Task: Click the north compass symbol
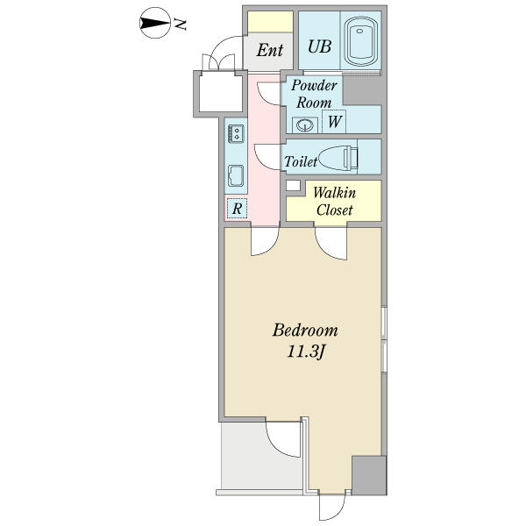click(155, 23)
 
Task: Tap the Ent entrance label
click(270, 51)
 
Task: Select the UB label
click(320, 46)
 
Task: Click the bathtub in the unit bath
click(360, 41)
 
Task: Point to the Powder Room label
click(314, 94)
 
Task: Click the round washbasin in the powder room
click(305, 125)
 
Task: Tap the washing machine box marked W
click(334, 122)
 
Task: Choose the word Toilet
click(301, 161)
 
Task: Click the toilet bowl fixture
click(338, 158)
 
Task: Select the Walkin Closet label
click(335, 202)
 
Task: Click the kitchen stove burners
click(236, 133)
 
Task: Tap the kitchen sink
click(236, 176)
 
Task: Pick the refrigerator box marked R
click(237, 209)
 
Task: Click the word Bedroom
click(305, 331)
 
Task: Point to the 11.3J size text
click(307, 352)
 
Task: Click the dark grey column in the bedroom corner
click(369, 475)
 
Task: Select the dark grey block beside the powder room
click(364, 90)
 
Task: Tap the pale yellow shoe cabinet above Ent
click(270, 22)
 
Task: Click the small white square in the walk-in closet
click(293, 185)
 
